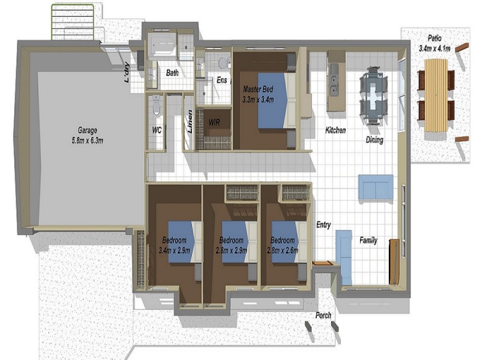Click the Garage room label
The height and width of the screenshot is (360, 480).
87,130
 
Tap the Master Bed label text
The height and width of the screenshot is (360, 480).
258,89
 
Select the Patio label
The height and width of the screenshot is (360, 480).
434,38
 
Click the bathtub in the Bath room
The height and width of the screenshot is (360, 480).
162,44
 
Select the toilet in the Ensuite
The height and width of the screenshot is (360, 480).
224,63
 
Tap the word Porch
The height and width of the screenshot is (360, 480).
323,315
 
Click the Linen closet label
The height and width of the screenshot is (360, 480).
190,122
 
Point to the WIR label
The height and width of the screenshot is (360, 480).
214,122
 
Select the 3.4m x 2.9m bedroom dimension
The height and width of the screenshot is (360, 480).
174,250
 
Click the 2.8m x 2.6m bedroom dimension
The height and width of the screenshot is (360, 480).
283,250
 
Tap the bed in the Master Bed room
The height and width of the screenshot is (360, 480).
277,100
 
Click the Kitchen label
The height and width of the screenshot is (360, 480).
335,130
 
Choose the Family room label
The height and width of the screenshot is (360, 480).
368,241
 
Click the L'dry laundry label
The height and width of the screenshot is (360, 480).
127,73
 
